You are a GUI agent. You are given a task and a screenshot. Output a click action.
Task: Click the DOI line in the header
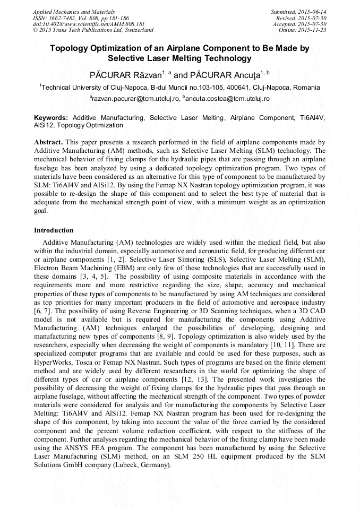tap(89, 24)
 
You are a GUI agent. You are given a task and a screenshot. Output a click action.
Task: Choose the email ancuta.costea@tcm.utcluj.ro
tap(228, 99)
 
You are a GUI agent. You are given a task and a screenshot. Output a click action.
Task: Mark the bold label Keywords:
tap(51, 118)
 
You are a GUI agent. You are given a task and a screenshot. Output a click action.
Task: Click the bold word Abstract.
tap(48, 143)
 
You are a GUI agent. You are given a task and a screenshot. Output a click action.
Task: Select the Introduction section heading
tap(54, 230)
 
